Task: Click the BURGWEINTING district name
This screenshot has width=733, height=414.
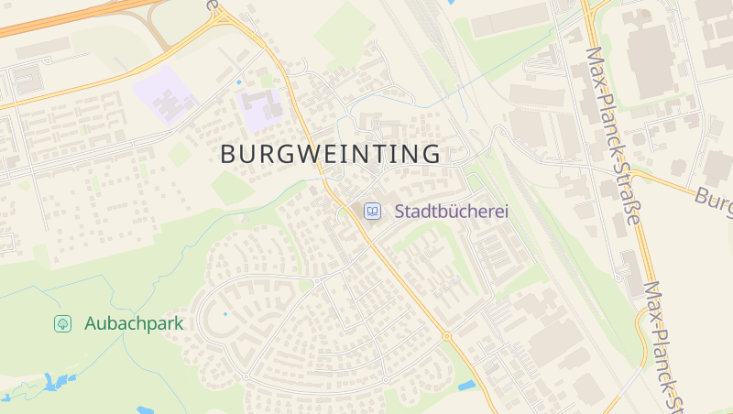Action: [330, 154]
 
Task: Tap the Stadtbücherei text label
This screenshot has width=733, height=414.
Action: [451, 211]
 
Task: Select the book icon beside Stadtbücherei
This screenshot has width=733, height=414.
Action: [373, 211]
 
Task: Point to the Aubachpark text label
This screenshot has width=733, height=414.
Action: [134, 323]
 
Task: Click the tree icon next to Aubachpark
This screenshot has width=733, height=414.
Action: [62, 323]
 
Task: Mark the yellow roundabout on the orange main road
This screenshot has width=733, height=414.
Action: [447, 336]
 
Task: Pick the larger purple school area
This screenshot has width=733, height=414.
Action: [165, 96]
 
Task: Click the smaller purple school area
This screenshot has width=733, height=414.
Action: [263, 109]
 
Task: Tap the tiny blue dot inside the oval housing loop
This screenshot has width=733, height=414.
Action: [225, 314]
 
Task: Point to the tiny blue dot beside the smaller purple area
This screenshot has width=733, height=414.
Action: [239, 82]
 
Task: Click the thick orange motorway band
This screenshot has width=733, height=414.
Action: [55, 18]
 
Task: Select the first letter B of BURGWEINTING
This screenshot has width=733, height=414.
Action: [228, 154]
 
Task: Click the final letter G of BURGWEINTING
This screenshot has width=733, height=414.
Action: [432, 154]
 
